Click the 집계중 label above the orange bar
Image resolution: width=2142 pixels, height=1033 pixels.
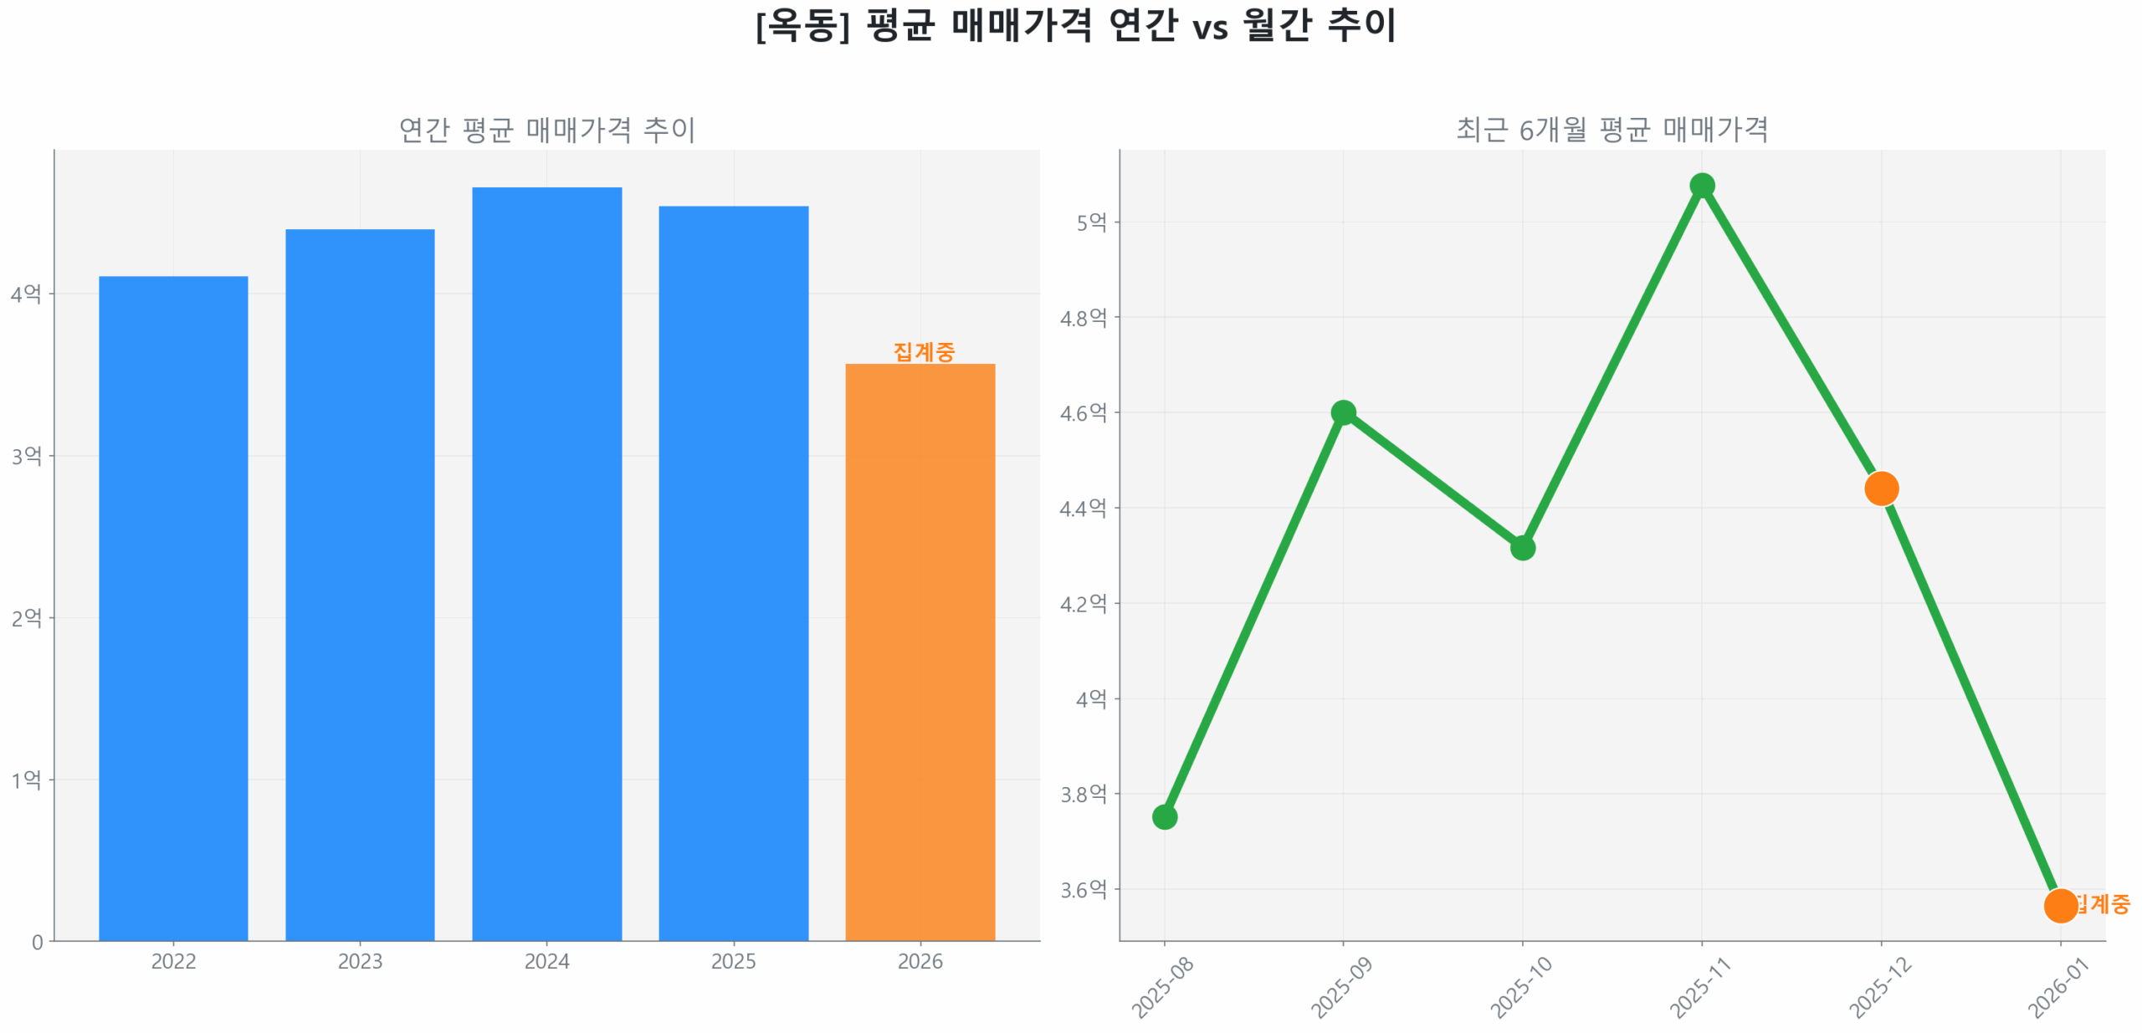pos(923,351)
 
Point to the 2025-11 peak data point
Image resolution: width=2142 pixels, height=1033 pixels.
pos(1701,185)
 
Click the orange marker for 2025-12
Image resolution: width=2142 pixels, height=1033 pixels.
pos(1880,488)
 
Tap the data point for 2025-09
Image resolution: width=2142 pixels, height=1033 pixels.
pos(1342,412)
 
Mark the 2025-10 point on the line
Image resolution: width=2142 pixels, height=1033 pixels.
pos(1522,547)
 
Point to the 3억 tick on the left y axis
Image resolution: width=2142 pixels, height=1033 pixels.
pos(26,456)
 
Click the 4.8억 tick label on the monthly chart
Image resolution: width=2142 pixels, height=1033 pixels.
pos(1083,318)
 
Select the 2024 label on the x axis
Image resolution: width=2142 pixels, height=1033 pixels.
pos(546,961)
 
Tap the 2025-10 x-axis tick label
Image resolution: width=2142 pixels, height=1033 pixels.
pos(1520,988)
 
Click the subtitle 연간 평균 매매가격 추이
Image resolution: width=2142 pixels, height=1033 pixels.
pos(546,130)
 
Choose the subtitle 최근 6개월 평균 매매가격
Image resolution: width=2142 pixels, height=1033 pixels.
pos(1612,130)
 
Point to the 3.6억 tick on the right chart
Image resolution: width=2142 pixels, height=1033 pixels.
pos(1083,889)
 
